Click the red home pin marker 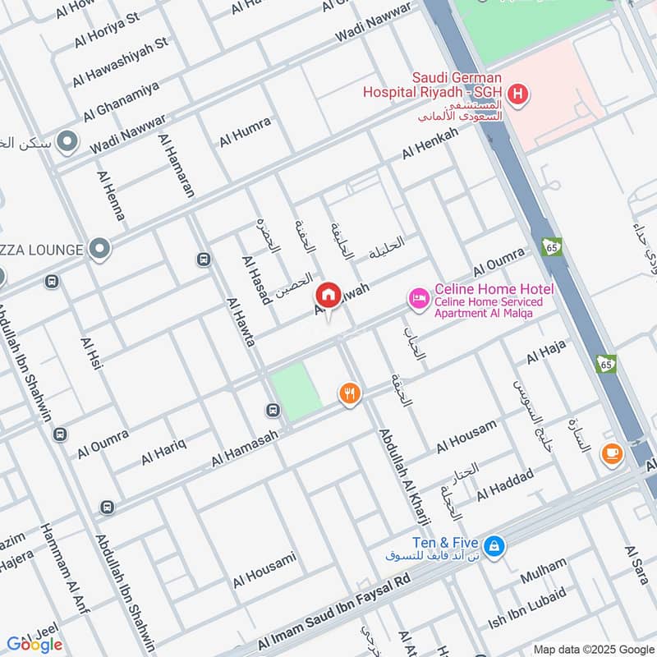coord(328,296)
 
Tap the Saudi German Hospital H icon coord(517,94)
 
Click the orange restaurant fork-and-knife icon coord(350,394)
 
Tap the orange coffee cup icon coord(612,453)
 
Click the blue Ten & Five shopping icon coord(493,544)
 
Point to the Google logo coord(34,645)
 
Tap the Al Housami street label coord(264,571)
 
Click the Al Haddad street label coord(505,484)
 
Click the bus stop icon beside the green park coord(272,410)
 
